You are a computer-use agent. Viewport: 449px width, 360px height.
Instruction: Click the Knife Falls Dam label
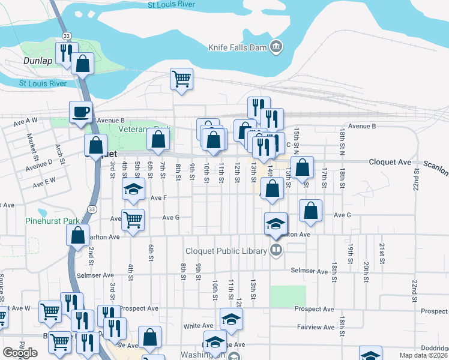[x=237, y=47]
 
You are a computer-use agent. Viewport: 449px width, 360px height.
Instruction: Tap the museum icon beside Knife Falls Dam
[x=276, y=47]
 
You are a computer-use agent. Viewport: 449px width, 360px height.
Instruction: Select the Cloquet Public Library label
[x=234, y=251]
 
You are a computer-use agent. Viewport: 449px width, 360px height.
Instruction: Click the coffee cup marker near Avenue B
[x=81, y=112]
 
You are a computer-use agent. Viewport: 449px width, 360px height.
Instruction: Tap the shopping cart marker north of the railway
[x=181, y=79]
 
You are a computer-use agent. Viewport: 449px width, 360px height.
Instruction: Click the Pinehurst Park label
[x=49, y=221]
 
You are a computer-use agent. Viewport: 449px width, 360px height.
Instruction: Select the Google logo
[x=20, y=353]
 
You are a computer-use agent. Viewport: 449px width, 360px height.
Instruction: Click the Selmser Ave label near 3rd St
[x=95, y=275]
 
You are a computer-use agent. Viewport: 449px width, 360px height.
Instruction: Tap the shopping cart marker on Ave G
[x=133, y=219]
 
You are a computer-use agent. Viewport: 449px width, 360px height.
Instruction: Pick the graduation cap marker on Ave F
[x=133, y=190]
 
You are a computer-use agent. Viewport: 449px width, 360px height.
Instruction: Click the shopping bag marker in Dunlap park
[x=83, y=64]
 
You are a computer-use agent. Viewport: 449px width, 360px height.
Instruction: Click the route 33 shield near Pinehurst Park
[x=91, y=208]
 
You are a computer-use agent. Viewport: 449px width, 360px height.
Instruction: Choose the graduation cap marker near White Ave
[x=231, y=319]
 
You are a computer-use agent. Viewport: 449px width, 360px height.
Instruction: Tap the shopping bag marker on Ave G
[x=310, y=211]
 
